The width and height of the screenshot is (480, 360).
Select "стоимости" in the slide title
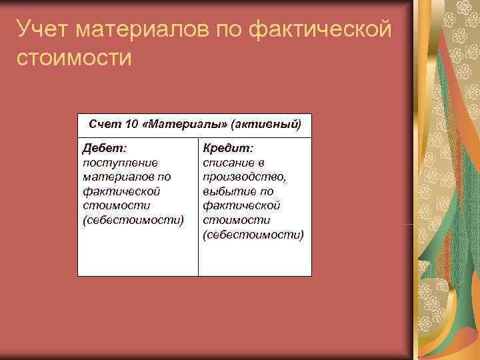point(75,57)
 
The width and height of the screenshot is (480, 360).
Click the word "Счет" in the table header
point(103,124)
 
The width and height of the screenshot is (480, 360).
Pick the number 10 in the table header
point(131,124)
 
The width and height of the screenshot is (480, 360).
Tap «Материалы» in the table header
point(187,124)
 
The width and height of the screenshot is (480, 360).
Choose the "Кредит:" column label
point(228,147)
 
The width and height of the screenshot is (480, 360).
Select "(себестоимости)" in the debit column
point(133,220)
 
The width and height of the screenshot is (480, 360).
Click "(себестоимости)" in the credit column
point(253,235)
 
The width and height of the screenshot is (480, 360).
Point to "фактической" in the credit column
point(241,205)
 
